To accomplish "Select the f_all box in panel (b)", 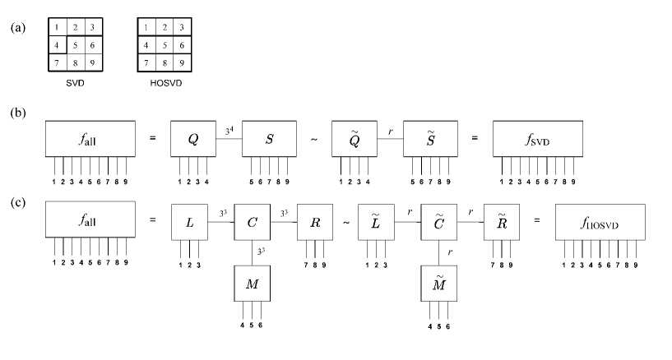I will click(90, 140).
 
